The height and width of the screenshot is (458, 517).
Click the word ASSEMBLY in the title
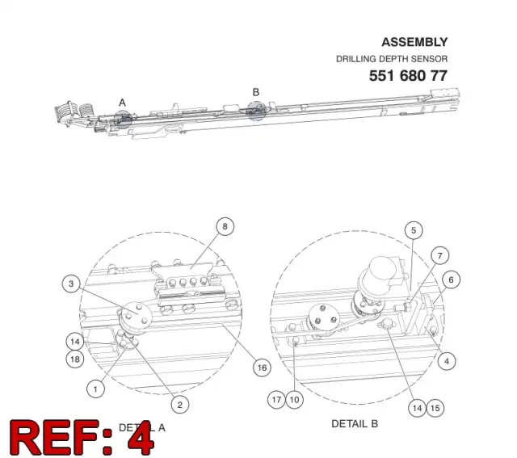point(414,42)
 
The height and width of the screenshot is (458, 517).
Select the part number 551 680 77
point(408,76)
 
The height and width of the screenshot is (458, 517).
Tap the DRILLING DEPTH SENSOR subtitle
point(392,59)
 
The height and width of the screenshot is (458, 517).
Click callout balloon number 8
point(225,226)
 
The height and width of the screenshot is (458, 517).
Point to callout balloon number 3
point(71,284)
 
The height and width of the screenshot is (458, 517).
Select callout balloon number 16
point(262,368)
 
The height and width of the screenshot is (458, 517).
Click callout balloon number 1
point(95,389)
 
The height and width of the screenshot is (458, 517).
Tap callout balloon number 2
point(179,405)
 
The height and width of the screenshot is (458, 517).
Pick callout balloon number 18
point(75,359)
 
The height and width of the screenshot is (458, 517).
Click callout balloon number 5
point(414,230)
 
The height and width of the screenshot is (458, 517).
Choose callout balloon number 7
point(439,255)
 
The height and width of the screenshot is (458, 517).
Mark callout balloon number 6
point(451,280)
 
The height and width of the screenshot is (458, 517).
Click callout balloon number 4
point(447,361)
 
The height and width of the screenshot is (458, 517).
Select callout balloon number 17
point(276,400)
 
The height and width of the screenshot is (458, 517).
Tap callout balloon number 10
point(294,400)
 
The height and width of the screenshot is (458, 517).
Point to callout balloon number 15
point(435,408)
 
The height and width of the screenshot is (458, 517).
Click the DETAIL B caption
point(355,424)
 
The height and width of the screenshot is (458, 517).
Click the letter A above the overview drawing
point(122,103)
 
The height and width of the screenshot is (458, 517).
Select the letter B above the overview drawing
point(256,92)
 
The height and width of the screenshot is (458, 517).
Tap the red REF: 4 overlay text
point(82,438)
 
